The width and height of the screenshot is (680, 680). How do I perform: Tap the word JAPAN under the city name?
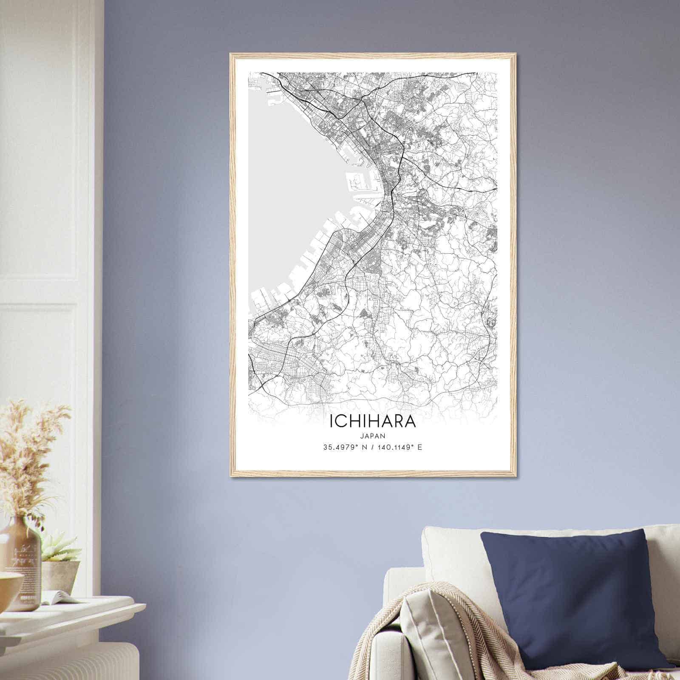point(372,436)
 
